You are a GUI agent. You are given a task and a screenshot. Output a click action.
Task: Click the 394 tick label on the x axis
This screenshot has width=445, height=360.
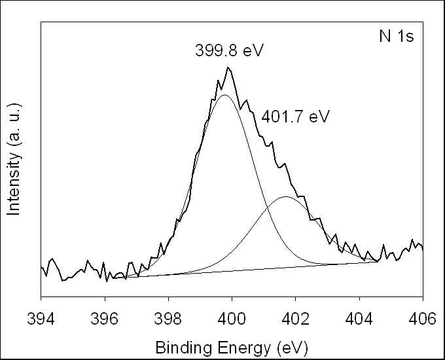pyautogui.click(x=41, y=319)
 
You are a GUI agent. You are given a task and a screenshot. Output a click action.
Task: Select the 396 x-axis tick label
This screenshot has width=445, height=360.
pyautogui.click(x=105, y=319)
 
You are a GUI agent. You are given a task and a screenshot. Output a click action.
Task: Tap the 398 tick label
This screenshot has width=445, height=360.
pyautogui.click(x=168, y=319)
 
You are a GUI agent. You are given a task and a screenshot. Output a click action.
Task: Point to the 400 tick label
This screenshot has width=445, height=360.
pyautogui.click(x=232, y=319)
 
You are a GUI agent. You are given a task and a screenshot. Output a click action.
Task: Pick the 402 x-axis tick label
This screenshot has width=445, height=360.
pyautogui.click(x=295, y=319)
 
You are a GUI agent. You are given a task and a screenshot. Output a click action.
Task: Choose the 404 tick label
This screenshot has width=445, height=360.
pyautogui.click(x=359, y=319)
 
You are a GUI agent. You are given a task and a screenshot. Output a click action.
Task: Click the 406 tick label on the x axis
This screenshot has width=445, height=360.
pyautogui.click(x=422, y=319)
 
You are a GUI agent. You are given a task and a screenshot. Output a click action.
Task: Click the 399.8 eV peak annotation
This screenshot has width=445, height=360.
pyautogui.click(x=229, y=51)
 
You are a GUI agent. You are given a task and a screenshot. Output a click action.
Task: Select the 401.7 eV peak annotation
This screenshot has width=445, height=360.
pyautogui.click(x=295, y=117)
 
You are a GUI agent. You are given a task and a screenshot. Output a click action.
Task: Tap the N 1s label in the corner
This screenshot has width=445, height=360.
pyautogui.click(x=397, y=37)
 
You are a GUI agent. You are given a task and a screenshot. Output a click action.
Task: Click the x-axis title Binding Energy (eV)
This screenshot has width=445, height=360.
pyautogui.click(x=232, y=348)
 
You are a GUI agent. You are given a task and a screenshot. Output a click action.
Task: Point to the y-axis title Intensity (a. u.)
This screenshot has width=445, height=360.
pyautogui.click(x=14, y=159)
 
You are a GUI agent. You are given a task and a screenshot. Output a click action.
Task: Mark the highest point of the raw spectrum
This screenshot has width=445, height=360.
pyautogui.click(x=228, y=67)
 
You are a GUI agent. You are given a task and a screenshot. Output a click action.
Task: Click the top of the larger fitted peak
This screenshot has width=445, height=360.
pyautogui.click(x=224, y=95)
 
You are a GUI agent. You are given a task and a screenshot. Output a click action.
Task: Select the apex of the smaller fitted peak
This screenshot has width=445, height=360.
pyautogui.click(x=285, y=196)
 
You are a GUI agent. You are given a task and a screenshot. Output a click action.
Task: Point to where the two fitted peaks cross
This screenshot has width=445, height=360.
pyautogui.click(x=268, y=207)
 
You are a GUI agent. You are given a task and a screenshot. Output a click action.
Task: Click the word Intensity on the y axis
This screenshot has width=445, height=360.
pyautogui.click(x=14, y=184)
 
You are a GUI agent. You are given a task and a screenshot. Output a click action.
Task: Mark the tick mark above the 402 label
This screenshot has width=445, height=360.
pyautogui.click(x=295, y=300)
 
